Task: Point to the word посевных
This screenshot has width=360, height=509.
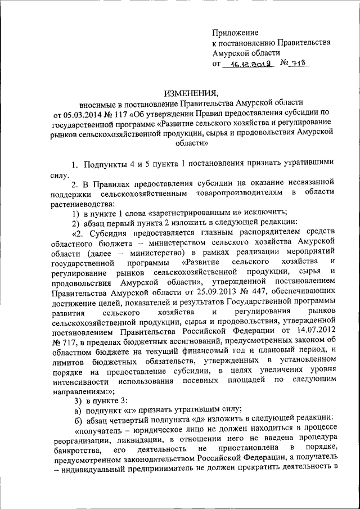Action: [x=203, y=381]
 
